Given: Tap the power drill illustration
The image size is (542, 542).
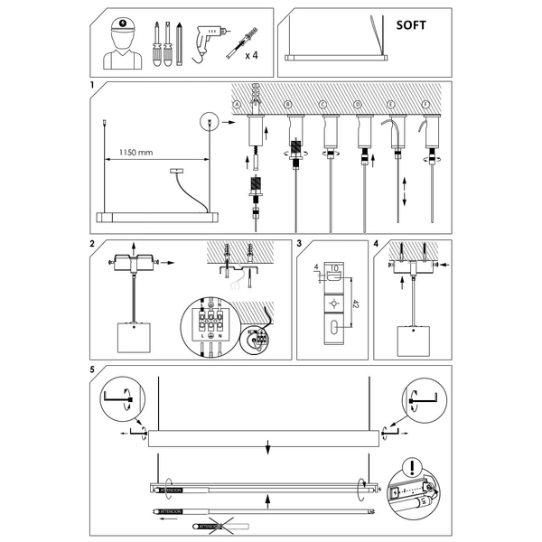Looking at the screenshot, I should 210,38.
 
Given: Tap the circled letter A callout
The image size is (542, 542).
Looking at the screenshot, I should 237,105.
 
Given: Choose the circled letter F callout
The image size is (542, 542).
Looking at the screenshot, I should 427,105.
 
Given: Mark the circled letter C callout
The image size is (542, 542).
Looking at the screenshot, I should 322,105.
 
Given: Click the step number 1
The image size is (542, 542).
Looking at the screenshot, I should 92,86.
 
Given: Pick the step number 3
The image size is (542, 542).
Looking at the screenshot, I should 300,244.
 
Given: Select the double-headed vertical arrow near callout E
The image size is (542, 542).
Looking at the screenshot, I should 403,194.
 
